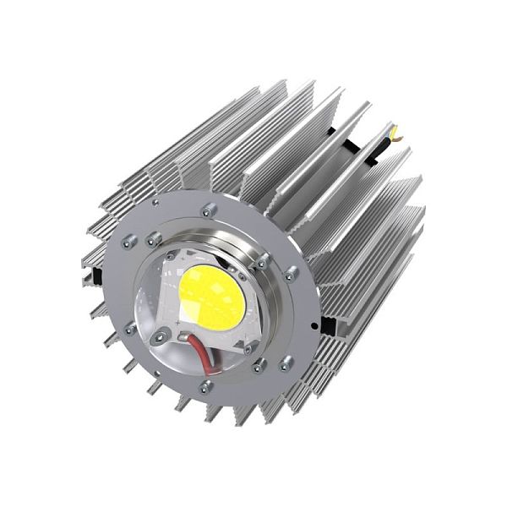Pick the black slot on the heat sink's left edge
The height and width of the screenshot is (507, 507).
pos(99,274)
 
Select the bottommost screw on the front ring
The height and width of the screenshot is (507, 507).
pos(204,388)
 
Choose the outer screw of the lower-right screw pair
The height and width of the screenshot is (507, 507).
pos(287,361)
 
